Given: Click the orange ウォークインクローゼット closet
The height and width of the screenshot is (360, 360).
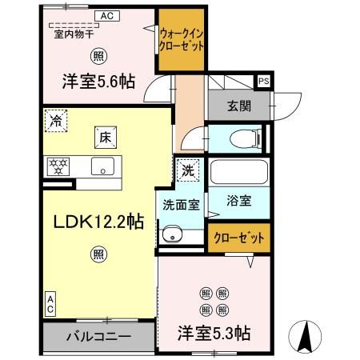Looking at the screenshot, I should [182, 41].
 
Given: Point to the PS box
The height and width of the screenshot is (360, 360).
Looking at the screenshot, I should [263, 80].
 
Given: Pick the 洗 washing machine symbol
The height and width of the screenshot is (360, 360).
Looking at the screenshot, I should [186, 170].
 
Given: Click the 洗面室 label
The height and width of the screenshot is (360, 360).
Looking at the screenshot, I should [182, 204].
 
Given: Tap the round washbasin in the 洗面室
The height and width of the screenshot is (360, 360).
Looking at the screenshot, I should [170, 234].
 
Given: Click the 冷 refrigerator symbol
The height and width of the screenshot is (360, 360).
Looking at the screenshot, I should [56, 122].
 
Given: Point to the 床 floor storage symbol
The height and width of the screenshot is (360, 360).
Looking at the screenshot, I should [105, 136].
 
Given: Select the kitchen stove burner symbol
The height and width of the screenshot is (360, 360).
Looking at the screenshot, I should [58, 167].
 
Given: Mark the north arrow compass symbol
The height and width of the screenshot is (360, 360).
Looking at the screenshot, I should [305, 336].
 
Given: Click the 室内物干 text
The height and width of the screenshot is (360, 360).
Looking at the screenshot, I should [74, 34].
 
